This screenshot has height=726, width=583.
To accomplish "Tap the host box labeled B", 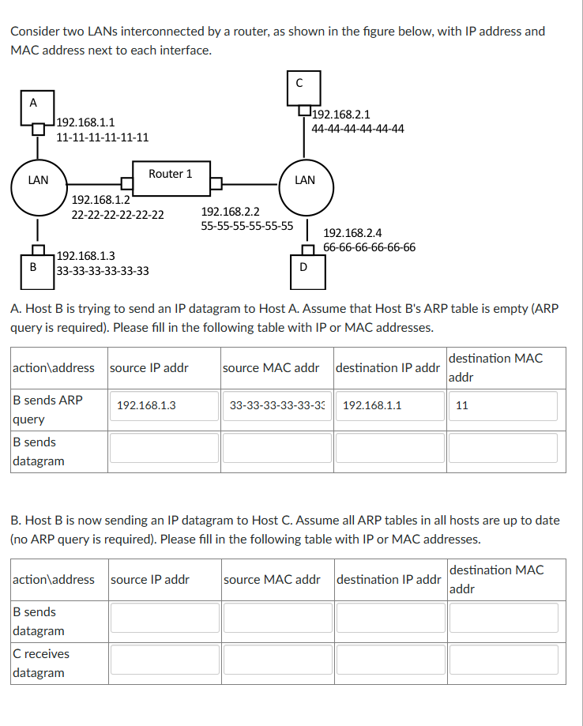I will (33, 267).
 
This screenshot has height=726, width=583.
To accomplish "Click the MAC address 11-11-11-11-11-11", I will (103, 137).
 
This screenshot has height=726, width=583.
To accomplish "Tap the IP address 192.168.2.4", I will (353, 233).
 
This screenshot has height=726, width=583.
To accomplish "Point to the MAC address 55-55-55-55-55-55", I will (247, 226).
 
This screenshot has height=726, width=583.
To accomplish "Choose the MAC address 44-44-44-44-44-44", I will (358, 128).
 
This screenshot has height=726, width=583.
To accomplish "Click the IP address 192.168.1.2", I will (100, 200).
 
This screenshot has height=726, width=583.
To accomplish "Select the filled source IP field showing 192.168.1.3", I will (164, 405).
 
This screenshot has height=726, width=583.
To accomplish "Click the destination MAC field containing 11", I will (503, 405).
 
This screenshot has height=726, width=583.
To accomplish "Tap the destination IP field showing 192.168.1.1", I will (389, 405).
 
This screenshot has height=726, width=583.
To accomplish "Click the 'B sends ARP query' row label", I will (47, 409).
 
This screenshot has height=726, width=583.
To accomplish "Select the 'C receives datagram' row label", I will (41, 663).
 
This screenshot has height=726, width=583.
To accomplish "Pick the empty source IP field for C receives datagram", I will (164, 660).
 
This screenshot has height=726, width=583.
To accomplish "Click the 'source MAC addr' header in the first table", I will (271, 367).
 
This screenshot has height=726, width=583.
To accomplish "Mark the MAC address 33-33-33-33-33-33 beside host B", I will (103, 271).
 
